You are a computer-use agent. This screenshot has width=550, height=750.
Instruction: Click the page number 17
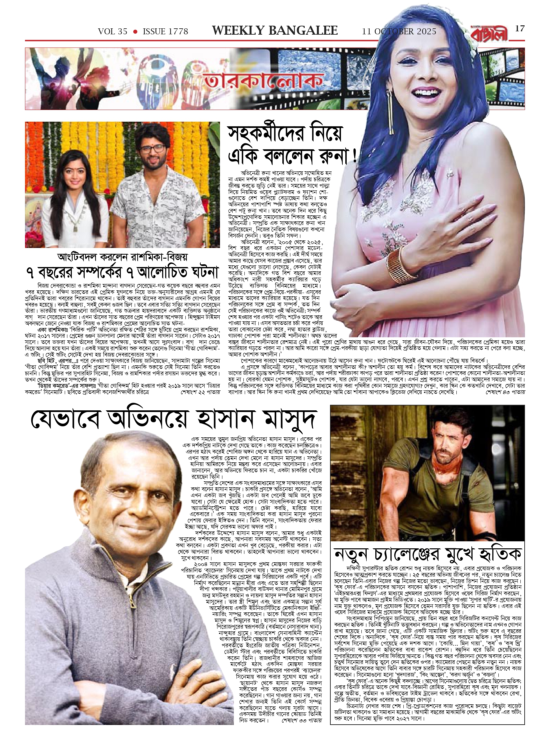tap(520, 29)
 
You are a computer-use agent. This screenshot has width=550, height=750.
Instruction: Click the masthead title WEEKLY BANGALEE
tap(275, 31)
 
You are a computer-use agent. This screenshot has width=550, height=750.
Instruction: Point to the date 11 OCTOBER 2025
tap(399, 32)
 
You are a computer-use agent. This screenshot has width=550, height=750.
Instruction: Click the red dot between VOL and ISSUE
tap(135, 32)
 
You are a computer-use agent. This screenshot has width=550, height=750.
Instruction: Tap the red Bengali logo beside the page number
tap(495, 32)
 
